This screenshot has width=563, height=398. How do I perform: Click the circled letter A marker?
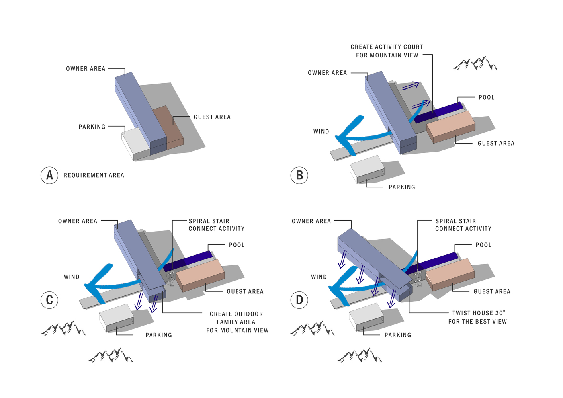[x=49, y=176]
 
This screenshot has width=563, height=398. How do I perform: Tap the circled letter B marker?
[x=299, y=176]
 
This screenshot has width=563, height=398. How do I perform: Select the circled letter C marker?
[x=49, y=300]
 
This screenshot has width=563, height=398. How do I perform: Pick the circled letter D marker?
[x=299, y=300]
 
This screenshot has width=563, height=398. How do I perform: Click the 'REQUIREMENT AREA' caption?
[x=94, y=175]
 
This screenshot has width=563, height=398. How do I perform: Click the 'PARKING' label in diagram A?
[x=92, y=127]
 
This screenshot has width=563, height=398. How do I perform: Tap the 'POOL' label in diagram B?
[x=486, y=97]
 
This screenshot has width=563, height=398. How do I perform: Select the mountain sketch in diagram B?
[x=475, y=63]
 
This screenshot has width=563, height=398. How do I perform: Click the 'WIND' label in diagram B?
[x=321, y=131]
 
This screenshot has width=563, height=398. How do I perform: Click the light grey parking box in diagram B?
[x=367, y=170]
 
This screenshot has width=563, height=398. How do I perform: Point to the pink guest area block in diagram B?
[x=451, y=127]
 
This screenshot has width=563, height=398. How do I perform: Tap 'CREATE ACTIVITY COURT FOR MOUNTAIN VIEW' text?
[x=387, y=51]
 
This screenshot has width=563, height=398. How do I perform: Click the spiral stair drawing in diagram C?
[x=170, y=278]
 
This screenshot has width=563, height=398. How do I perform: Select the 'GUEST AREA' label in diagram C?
[x=245, y=291]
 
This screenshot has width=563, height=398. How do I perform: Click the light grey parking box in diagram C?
[x=116, y=318]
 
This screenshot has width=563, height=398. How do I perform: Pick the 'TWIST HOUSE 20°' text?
[x=479, y=313]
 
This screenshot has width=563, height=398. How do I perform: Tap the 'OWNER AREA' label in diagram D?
[x=311, y=221]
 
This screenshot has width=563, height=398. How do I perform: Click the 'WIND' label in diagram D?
[x=319, y=277]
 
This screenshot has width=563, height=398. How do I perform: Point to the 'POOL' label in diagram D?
[x=484, y=245]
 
